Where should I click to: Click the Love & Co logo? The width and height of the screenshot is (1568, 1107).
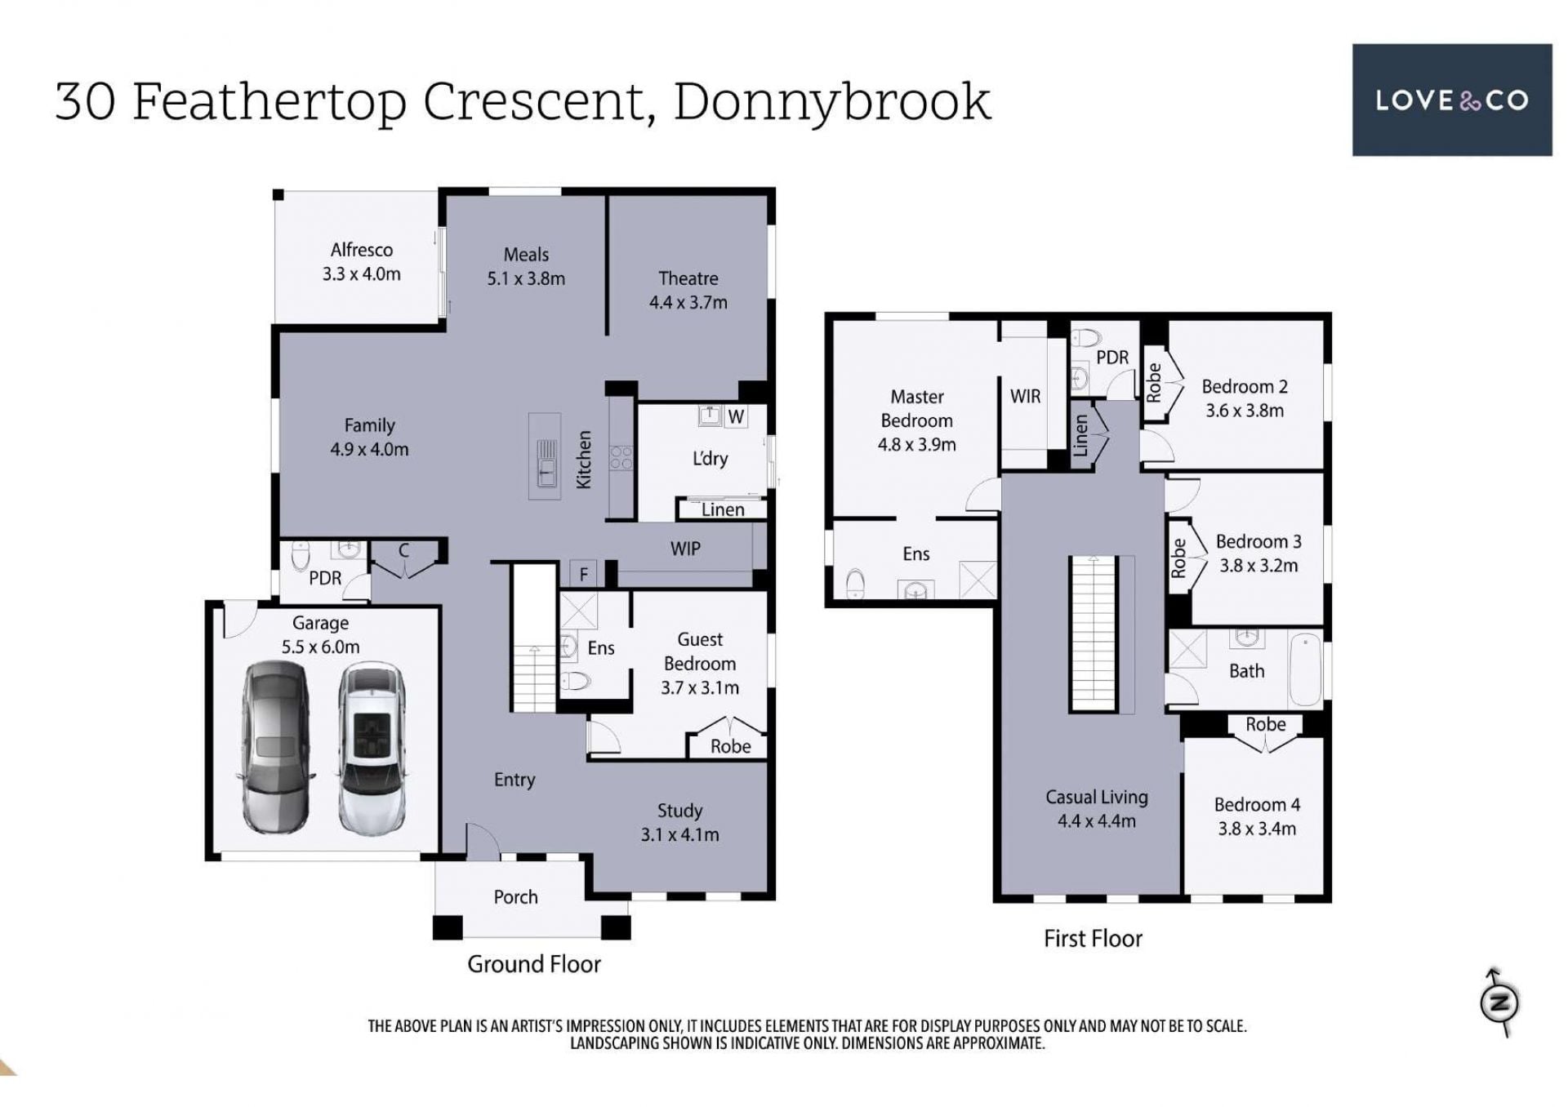pos(1451,100)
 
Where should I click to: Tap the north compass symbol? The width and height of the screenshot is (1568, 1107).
pos(1499,1002)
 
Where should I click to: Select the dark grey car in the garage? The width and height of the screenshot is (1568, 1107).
pos(276,747)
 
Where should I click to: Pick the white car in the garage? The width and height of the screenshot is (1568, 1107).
pos(372,749)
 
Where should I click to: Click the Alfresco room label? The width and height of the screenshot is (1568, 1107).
pos(361,261)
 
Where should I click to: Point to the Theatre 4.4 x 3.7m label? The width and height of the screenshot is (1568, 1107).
pos(688,290)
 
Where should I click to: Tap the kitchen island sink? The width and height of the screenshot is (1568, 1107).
pos(546,462)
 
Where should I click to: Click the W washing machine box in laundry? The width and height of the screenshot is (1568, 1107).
pos(736,416)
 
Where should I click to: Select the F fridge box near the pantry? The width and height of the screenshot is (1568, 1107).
pos(583,574)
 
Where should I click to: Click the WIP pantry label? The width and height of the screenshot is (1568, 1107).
pos(685,549)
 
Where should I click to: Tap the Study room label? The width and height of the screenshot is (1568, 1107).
pos(679,822)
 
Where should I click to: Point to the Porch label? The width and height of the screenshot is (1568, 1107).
pos(515,896)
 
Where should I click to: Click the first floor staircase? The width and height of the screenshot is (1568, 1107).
pos(1094,634)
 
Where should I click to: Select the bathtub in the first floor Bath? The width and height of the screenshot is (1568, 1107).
pos(1305,669)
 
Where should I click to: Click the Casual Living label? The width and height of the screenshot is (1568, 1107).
pos(1096,808)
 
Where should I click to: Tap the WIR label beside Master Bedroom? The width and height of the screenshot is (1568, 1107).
pos(1025,396)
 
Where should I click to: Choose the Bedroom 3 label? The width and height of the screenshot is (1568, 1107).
pos(1258,553)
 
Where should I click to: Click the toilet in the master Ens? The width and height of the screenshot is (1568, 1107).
pos(854,583)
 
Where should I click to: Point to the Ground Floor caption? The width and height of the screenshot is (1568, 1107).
pos(534,964)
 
